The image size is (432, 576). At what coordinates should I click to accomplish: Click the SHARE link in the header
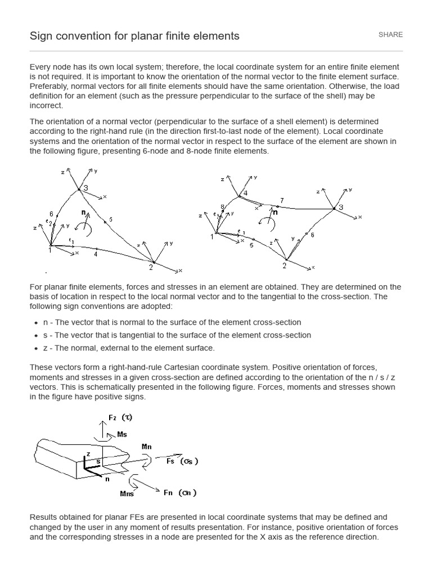tap(390, 35)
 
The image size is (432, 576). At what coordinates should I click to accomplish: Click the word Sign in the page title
tap(40, 36)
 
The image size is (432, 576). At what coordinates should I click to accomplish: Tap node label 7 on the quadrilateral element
tap(282, 201)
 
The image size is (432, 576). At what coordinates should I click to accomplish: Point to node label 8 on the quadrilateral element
tap(222, 208)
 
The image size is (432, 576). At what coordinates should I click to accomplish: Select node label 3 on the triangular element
tap(85, 188)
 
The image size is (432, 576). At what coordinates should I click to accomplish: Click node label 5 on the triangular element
tap(111, 219)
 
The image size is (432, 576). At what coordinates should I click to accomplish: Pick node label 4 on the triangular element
tap(96, 254)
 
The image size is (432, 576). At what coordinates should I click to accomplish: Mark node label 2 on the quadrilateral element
tap(284, 265)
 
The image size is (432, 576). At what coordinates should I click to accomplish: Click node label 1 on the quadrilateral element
tap(212, 236)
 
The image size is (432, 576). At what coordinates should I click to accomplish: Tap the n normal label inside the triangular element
tap(83, 213)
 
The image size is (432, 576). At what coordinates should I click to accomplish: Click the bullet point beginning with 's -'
tap(177, 335)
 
